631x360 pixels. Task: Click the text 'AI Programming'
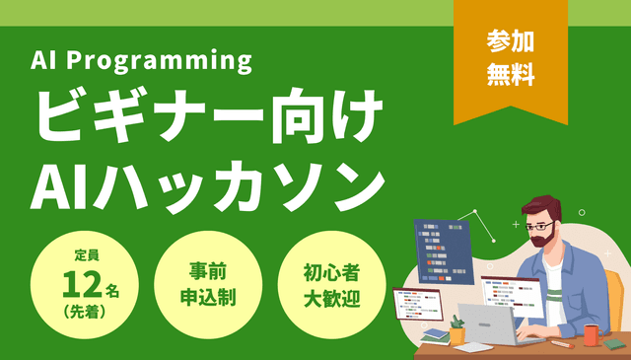click(142, 61)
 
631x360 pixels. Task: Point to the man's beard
click(539, 240)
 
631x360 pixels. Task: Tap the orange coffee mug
click(591, 334)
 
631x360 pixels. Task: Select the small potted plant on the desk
click(456, 328)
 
